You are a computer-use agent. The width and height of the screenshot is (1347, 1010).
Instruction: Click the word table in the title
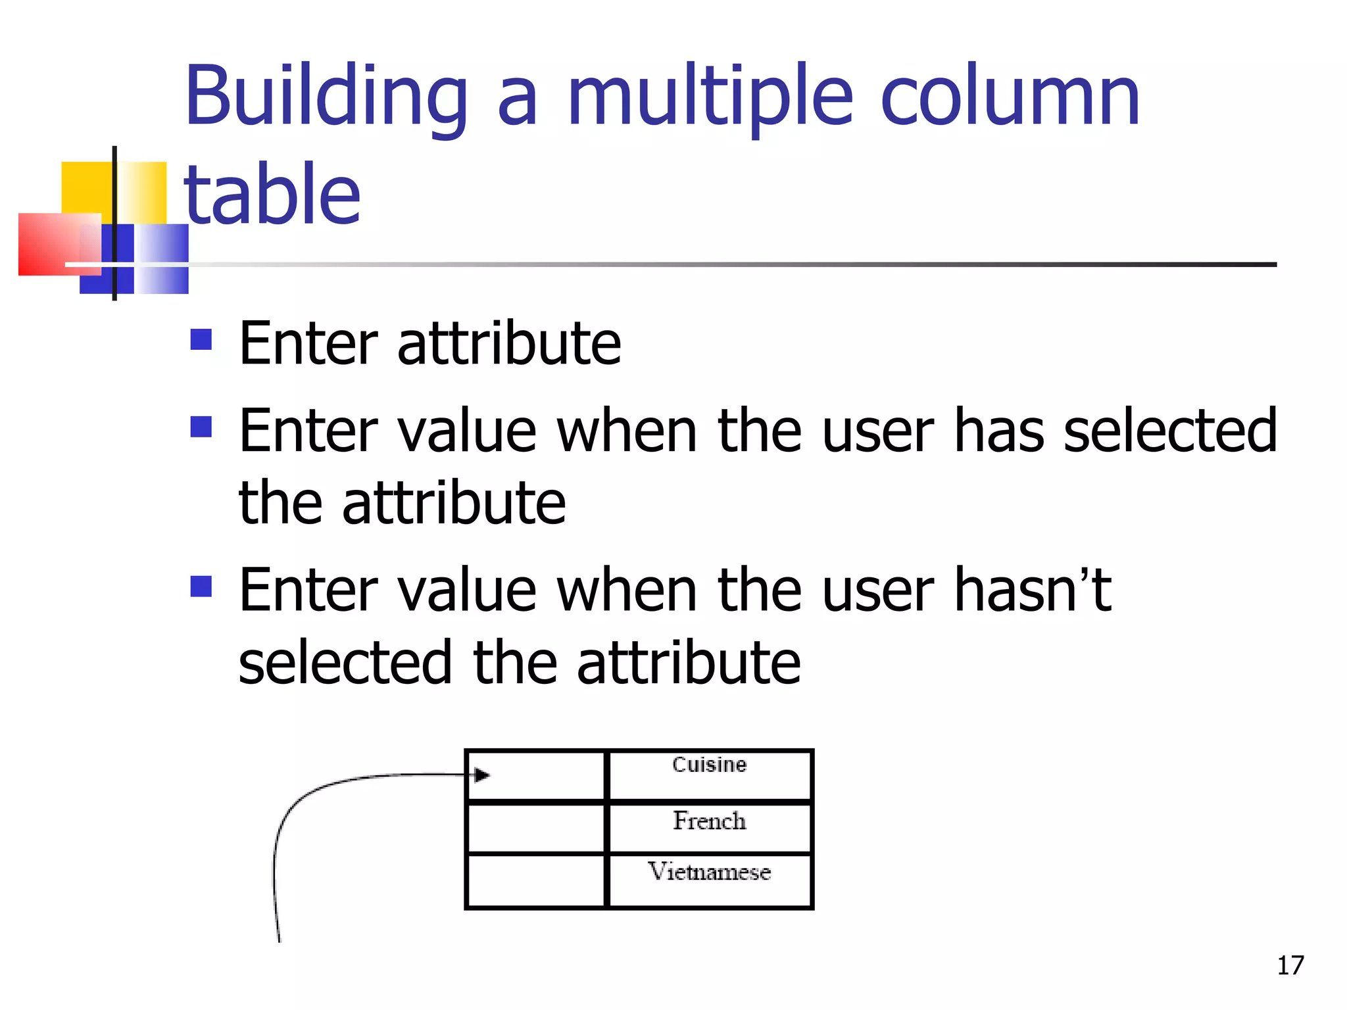coord(272,194)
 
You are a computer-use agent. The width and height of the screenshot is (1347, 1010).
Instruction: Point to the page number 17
coord(1290,965)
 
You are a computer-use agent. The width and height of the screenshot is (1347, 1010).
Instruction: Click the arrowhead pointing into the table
coord(482,775)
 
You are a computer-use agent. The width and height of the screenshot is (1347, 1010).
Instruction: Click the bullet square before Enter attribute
coord(201,340)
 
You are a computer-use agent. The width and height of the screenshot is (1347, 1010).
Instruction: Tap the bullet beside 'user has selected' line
coord(201,427)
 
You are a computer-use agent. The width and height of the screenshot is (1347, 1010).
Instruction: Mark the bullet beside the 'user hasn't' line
coord(201,586)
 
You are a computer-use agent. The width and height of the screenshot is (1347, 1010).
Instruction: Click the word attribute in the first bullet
coord(508,343)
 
